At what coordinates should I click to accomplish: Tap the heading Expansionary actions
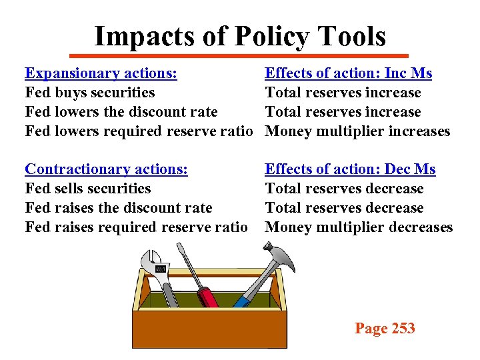[x=101, y=73]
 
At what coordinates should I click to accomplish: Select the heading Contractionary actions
[x=106, y=169]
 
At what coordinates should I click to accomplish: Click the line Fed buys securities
[x=89, y=93]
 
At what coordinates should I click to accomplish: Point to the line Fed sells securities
[x=88, y=189]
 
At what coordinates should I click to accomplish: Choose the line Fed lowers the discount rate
[x=121, y=112]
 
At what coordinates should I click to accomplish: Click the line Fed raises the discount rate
[x=119, y=208]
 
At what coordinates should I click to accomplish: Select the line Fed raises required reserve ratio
[x=136, y=227]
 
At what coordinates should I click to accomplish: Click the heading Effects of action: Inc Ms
[x=348, y=73]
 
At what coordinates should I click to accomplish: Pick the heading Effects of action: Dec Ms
[x=350, y=169]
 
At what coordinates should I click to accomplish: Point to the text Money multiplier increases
[x=357, y=131]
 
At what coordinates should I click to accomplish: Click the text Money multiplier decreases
[x=359, y=227]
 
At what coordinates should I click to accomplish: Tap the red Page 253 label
[x=385, y=328]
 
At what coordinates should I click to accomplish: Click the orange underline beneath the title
[x=240, y=55]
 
